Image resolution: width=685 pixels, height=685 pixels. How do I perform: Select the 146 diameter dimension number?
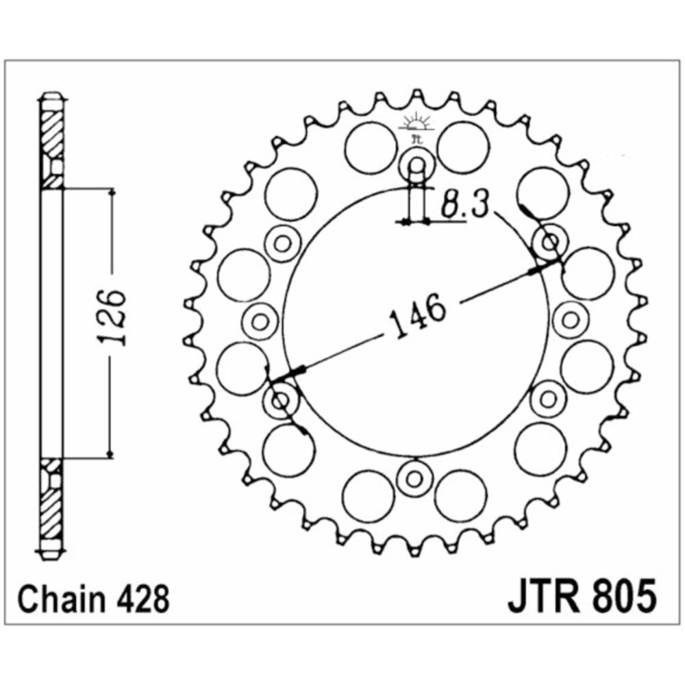coord(416,315)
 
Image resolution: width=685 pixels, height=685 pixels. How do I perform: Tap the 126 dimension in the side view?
coord(113,316)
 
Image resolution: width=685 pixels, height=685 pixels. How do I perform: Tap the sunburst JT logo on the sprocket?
coord(416,125)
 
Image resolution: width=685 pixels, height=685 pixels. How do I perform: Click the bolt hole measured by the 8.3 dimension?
coord(417,166)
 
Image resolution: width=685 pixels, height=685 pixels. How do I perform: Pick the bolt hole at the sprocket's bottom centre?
coord(413,478)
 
